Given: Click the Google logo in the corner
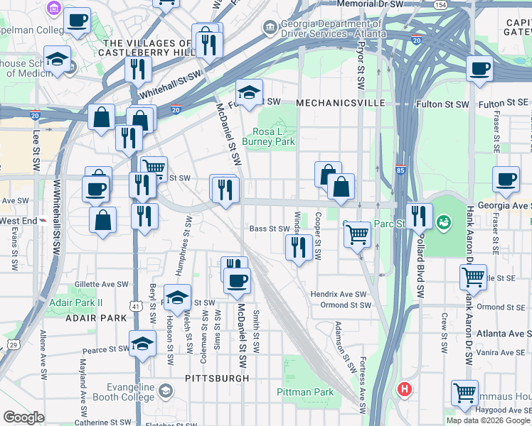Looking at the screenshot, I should coord(23,417).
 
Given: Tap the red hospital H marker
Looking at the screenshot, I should coord(405,389).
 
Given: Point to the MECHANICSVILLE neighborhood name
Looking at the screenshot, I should coord(340,103).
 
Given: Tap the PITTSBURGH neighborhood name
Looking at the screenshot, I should coord(216,378).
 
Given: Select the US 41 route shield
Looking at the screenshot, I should coord(134,285).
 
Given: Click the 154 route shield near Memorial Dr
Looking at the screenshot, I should coord(440,5).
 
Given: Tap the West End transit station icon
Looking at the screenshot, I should coord(44,220).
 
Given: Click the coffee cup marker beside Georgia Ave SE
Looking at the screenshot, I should coord(506,180).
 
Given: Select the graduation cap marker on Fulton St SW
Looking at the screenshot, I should coord(249,93).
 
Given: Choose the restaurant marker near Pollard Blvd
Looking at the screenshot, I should coord(419,216).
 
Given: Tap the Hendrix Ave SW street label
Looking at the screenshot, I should coord(338,294).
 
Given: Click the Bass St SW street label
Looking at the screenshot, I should coord(270,229).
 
